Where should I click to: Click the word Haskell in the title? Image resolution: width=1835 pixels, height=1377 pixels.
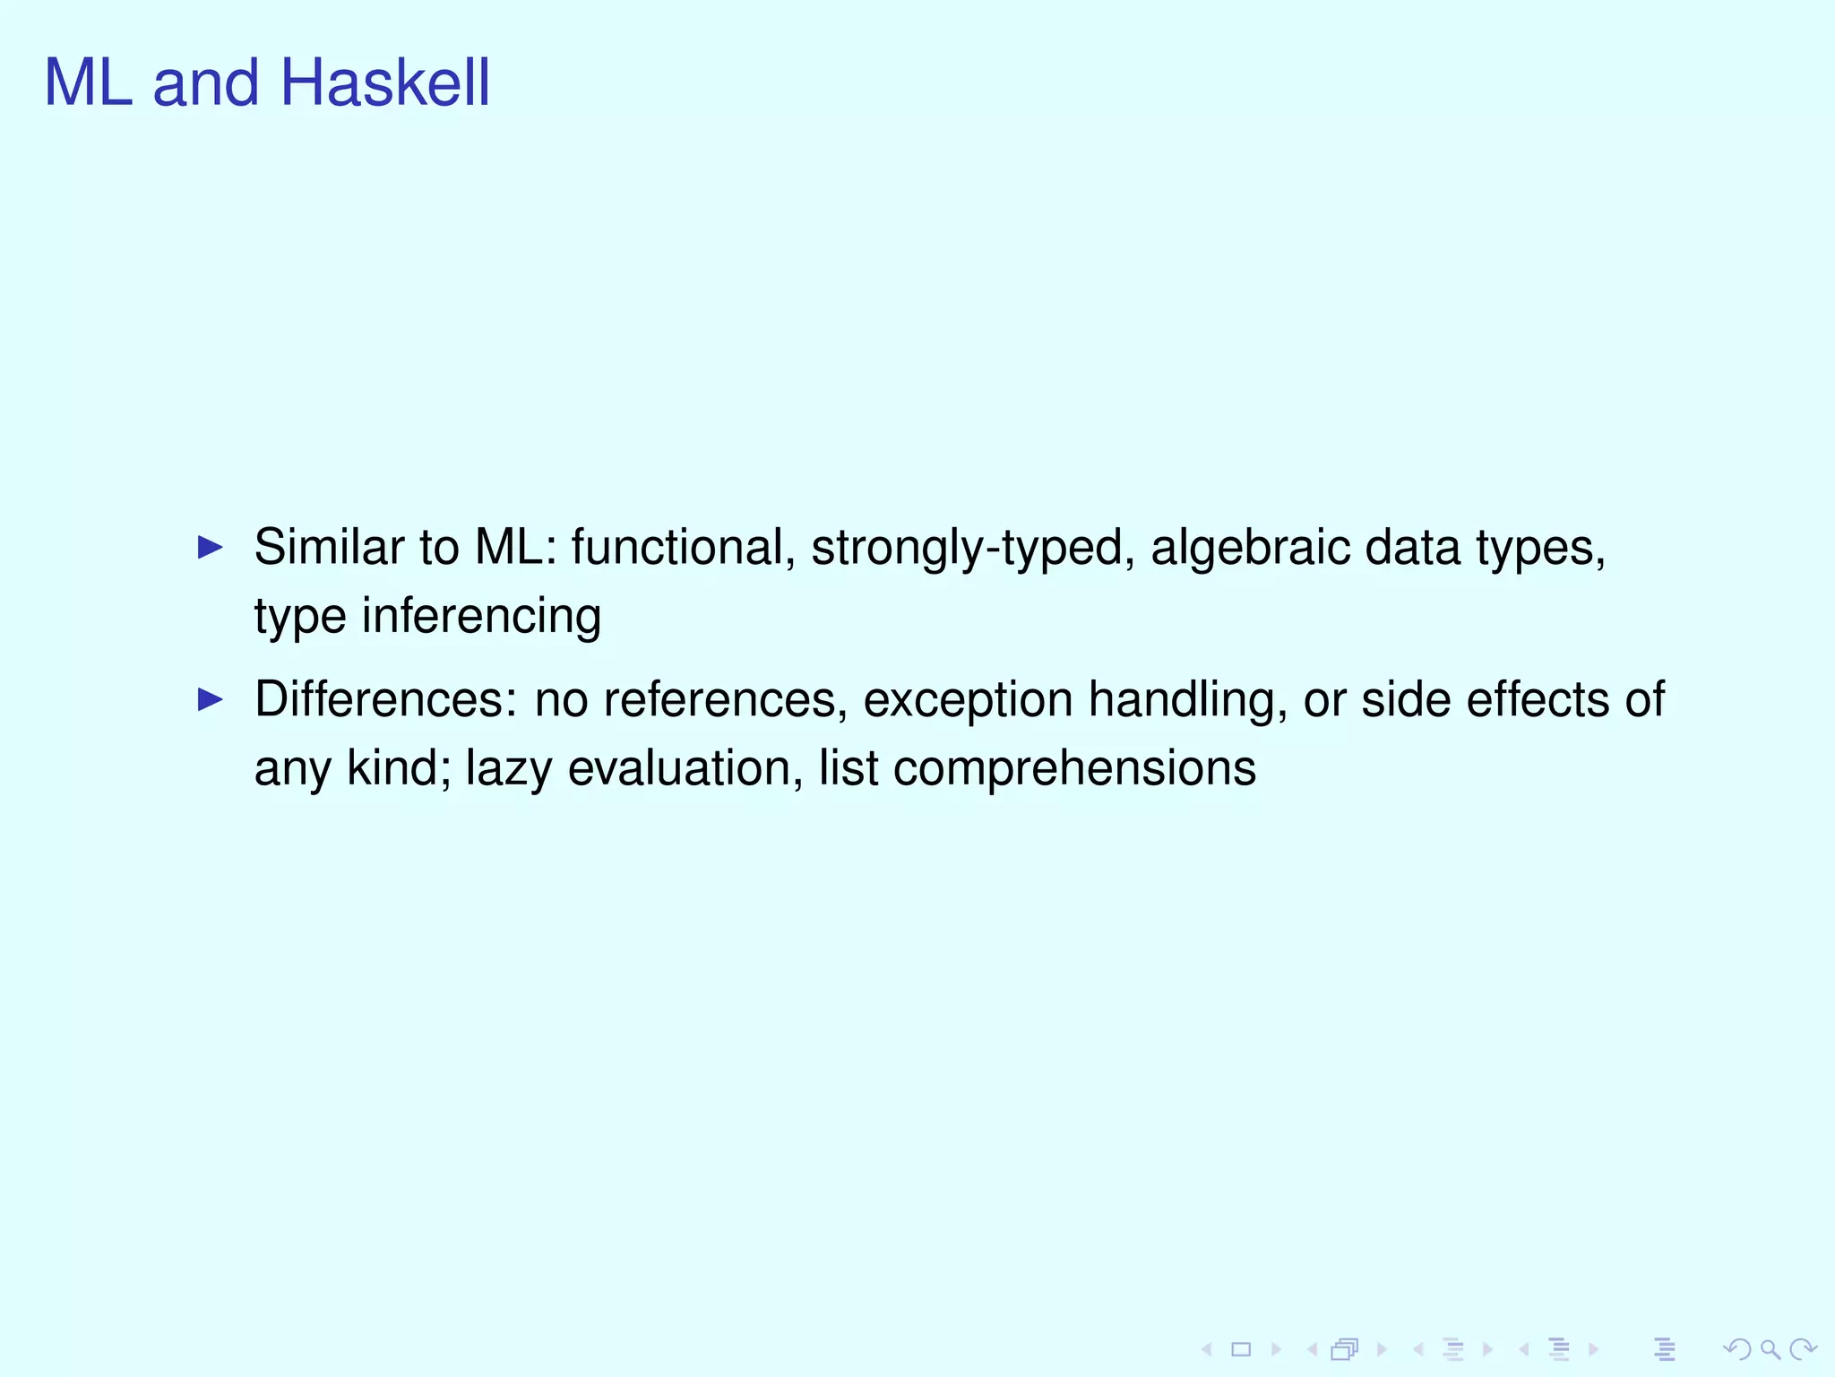pyautogui.click(x=385, y=82)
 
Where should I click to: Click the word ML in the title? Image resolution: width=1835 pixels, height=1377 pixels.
pyautogui.click(x=88, y=82)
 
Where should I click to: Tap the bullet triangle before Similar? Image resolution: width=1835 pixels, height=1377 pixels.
pyautogui.click(x=210, y=547)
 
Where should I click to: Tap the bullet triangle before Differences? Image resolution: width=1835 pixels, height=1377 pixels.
pyautogui.click(x=210, y=699)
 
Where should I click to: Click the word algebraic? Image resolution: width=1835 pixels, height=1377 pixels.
pyautogui.click(x=1250, y=547)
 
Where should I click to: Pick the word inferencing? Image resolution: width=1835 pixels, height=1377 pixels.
pyautogui.click(x=481, y=617)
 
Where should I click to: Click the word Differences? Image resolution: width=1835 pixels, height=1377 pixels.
pyautogui.click(x=385, y=699)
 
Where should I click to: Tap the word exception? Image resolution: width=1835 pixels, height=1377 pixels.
pyautogui.click(x=968, y=701)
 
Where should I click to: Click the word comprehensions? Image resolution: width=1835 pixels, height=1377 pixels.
pyautogui.click(x=1074, y=769)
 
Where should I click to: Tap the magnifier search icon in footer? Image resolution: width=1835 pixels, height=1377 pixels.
pyautogui.click(x=1770, y=1349)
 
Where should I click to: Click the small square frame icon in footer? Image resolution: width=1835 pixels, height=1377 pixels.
pyautogui.click(x=1241, y=1349)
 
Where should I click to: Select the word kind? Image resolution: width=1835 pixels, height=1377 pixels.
pyautogui.click(x=398, y=769)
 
